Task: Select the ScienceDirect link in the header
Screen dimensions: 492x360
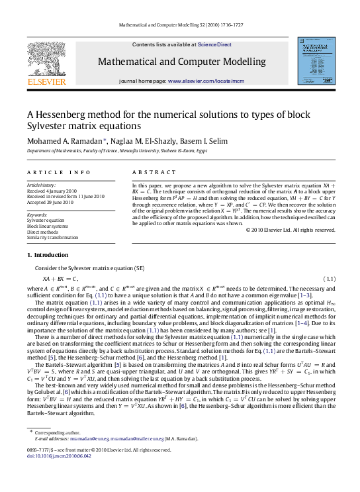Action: (215, 44)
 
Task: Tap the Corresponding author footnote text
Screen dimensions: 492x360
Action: (58, 450)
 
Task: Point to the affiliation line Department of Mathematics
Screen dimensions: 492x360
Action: (116, 151)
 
